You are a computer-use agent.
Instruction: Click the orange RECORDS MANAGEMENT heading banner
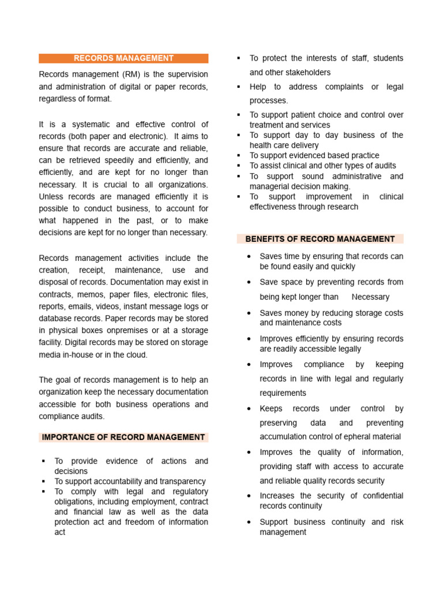click(123, 58)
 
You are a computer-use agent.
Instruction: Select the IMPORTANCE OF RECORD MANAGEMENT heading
click(123, 437)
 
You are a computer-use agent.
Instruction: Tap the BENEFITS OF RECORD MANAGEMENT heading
click(320, 239)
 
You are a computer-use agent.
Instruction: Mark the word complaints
click(336, 87)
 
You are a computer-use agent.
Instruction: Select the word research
click(341, 207)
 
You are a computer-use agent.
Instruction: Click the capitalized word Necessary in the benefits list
click(370, 297)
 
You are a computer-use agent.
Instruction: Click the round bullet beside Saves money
click(249, 313)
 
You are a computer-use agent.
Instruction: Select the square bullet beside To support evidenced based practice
click(239, 156)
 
